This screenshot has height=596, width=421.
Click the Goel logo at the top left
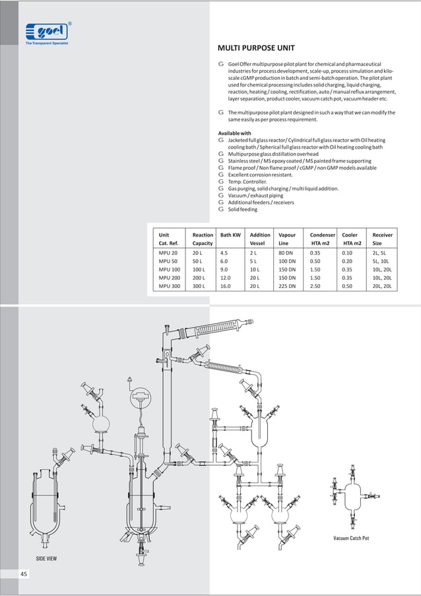pos(47,31)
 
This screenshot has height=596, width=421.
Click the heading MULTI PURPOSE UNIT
pos(256,48)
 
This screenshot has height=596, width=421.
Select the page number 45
pos(24,574)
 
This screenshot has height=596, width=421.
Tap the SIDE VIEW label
pos(46,558)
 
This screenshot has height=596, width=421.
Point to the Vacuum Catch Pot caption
pos(351,539)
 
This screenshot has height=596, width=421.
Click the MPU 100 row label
pos(170,270)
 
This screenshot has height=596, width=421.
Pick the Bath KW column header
pos(230,235)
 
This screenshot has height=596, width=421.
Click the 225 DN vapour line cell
pos(288,287)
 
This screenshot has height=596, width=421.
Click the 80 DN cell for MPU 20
pos(286,252)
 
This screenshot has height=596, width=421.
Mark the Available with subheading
pos(234,133)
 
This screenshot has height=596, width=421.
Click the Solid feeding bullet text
pos(243,209)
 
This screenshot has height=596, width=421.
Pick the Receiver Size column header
pos(382,239)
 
